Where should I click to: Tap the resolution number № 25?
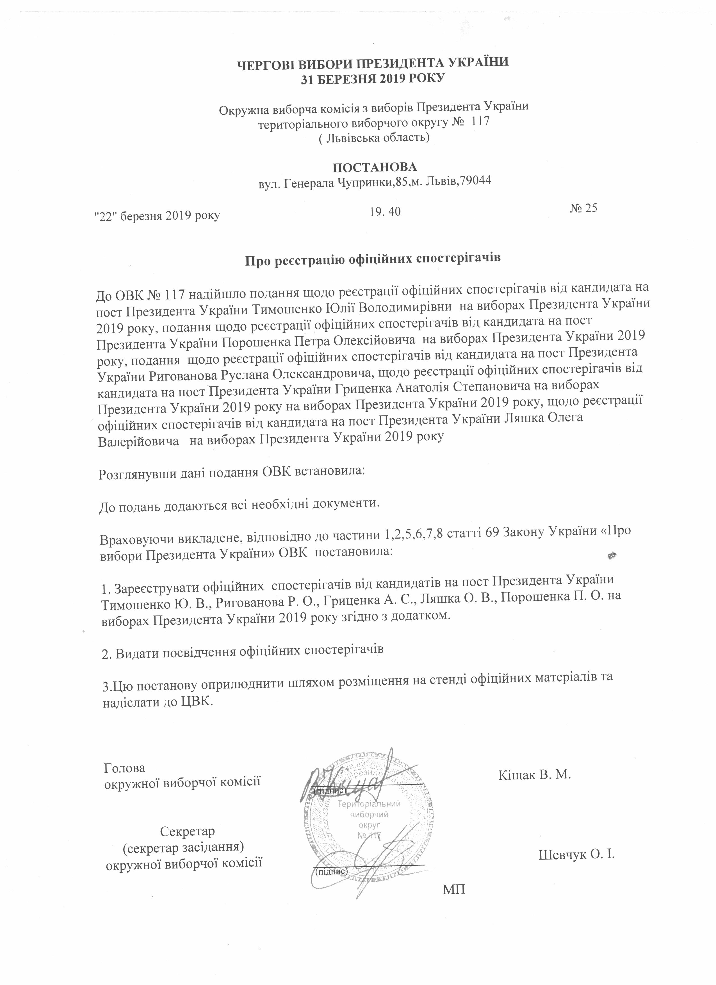583,208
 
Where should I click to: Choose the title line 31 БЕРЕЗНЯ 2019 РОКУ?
373,79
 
